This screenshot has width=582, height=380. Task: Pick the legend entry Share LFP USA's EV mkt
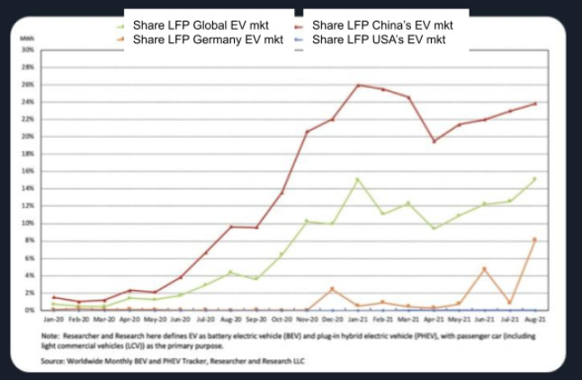[381, 40]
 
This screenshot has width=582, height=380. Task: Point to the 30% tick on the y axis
[28, 50]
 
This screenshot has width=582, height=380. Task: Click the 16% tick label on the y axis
[28, 171]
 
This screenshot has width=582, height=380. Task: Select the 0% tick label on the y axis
[30, 310]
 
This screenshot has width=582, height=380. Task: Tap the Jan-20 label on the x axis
[53, 319]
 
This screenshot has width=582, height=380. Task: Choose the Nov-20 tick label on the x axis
[308, 319]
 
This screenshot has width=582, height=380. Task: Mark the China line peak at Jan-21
[359, 86]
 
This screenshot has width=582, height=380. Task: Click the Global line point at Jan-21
[359, 179]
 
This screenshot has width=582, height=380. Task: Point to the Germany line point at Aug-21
[536, 240]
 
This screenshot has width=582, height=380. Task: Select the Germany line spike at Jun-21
[485, 268]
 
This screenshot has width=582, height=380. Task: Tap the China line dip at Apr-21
[434, 141]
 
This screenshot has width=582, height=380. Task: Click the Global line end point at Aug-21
[536, 178]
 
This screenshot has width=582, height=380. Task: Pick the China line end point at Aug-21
[536, 104]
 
